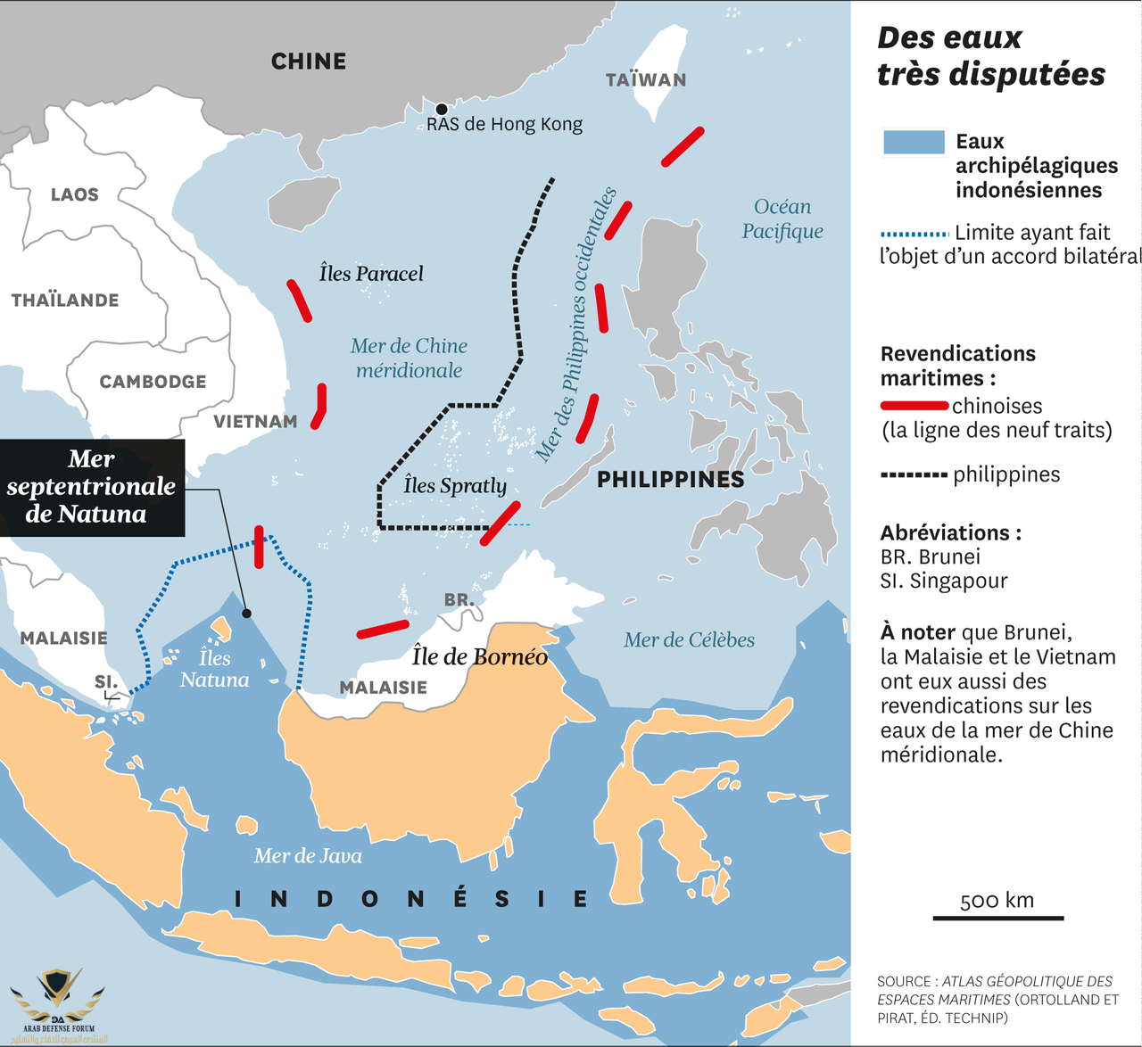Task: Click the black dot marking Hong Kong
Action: pos(441,110)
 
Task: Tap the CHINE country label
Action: pos(309,62)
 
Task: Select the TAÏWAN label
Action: pos(646,80)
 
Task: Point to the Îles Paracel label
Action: pos(371,274)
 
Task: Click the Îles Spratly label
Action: pos(455,486)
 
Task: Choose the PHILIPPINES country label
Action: pos(670,480)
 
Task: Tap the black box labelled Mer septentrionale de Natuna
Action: pos(92,487)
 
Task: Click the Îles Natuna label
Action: pos(215,669)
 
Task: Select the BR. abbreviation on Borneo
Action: pos(459,600)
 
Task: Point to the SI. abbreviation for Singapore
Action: pos(106,682)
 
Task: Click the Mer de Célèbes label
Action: pos(689,640)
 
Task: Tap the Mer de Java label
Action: pos(308,856)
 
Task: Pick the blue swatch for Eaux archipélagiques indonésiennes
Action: pos(914,143)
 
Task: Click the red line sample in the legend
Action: pos(914,407)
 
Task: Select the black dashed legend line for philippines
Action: pos(914,475)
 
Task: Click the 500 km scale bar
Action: pos(997,917)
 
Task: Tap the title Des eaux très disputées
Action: pos(990,56)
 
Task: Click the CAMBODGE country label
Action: pos(153,382)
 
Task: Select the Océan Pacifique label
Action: pos(782,219)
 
